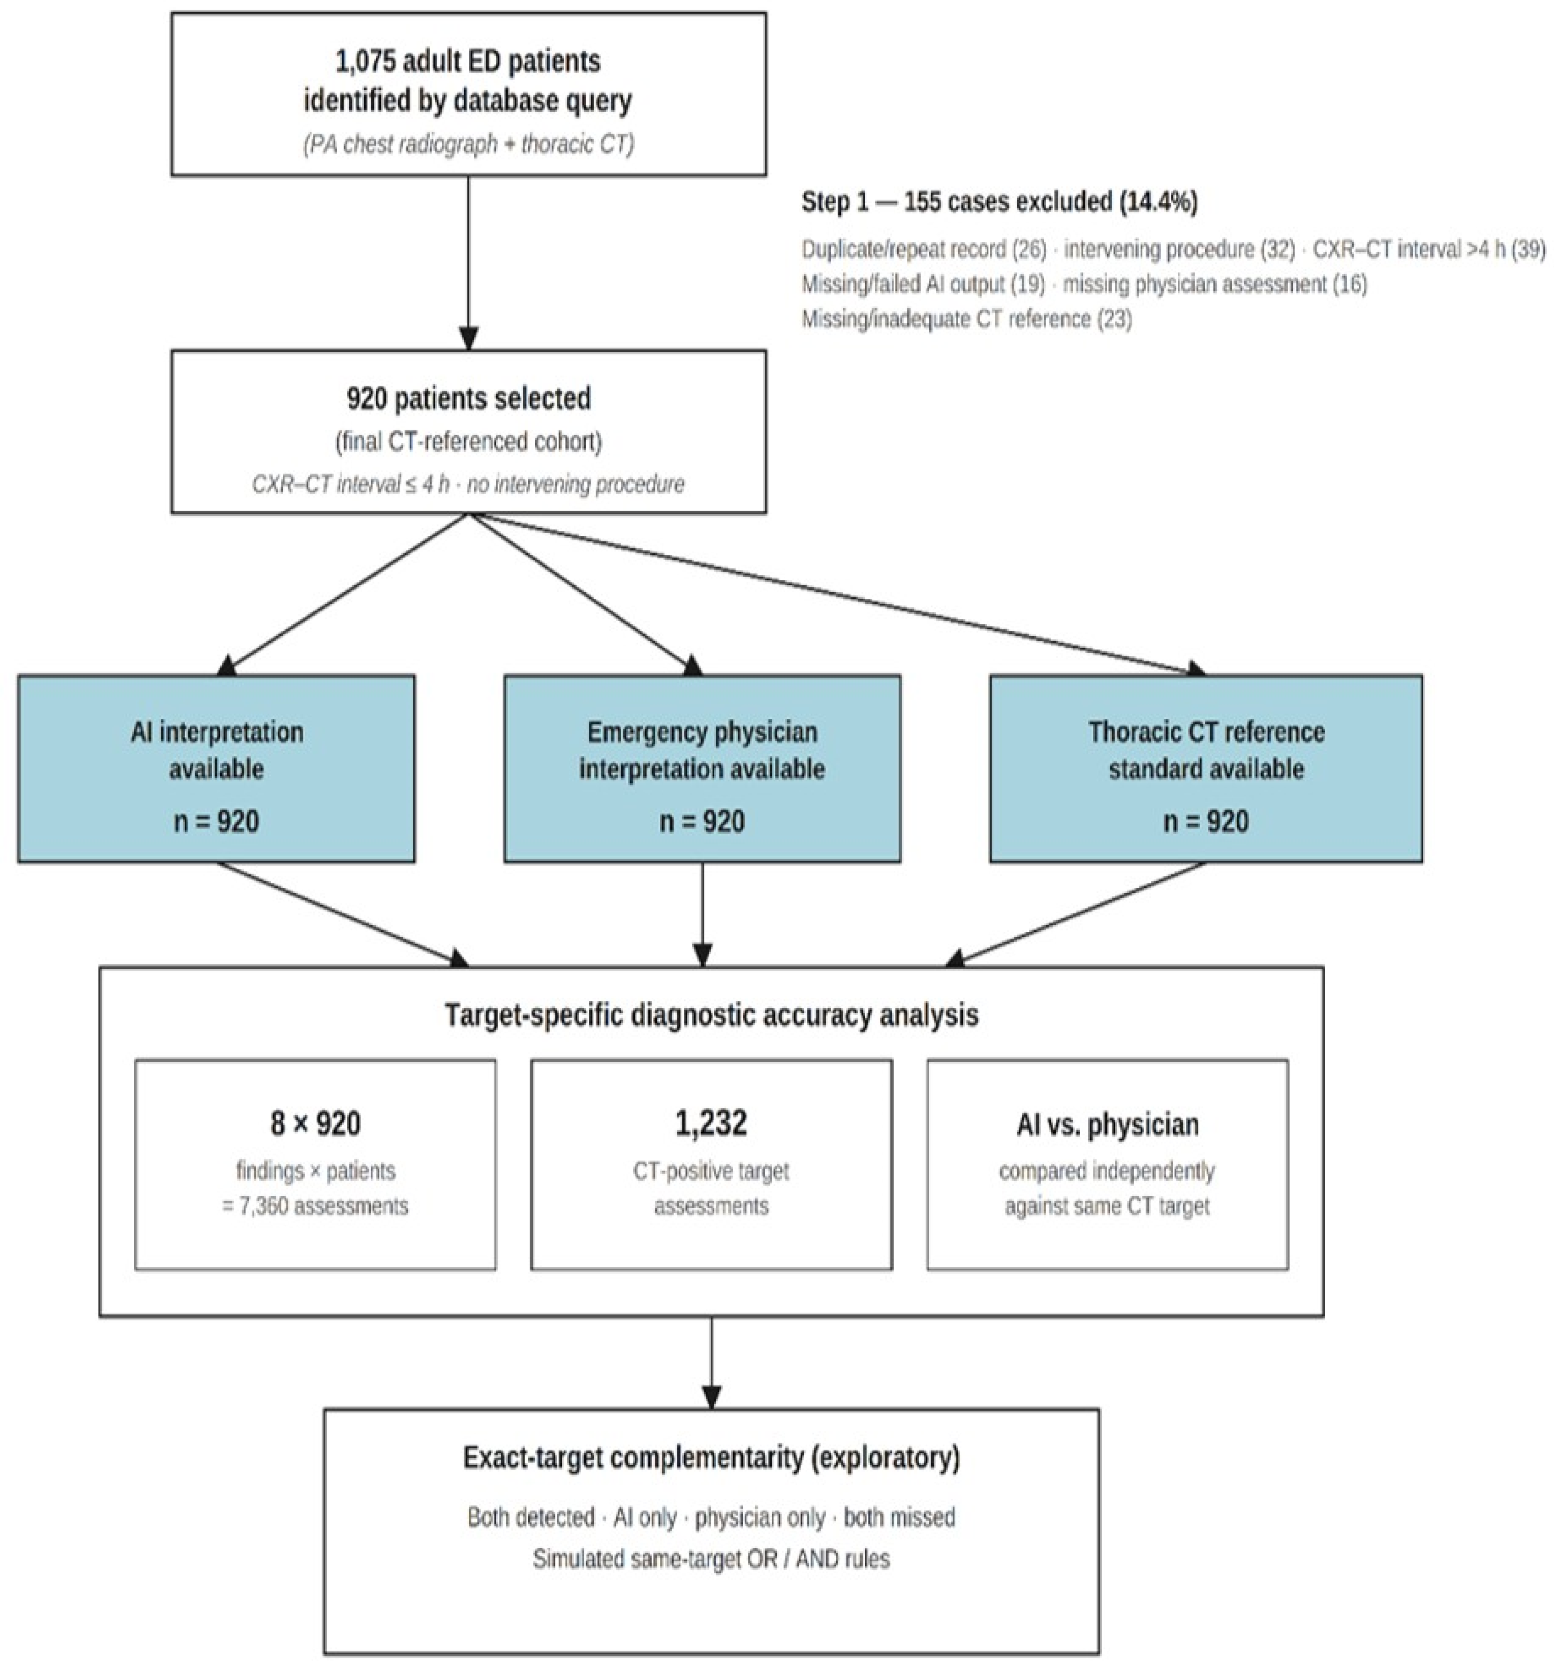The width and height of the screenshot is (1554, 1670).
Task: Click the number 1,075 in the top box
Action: pos(364,61)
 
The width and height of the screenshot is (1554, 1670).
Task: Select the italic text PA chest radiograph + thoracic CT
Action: pos(468,144)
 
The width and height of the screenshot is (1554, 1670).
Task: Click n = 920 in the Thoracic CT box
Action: pos(1206,821)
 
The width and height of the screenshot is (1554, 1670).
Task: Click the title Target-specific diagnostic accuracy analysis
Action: pos(712,1015)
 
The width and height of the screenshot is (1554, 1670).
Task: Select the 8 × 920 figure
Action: pos(315,1123)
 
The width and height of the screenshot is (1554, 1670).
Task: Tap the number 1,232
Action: pos(712,1123)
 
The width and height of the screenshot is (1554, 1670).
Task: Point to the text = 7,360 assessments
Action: pos(315,1206)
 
